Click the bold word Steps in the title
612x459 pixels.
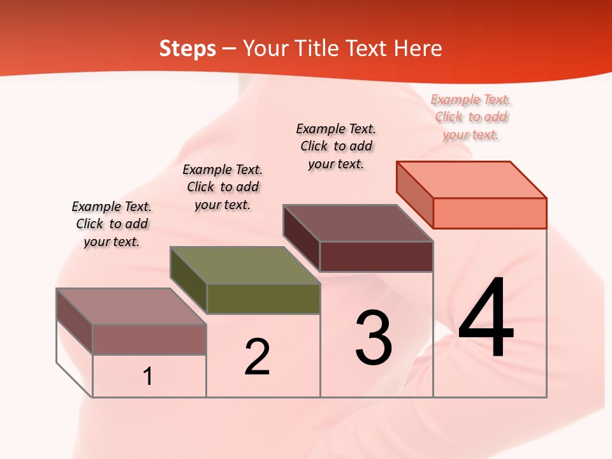(187, 48)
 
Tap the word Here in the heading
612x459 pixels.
(418, 48)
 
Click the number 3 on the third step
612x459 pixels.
(374, 337)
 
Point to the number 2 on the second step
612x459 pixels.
(257, 356)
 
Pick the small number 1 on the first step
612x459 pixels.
(148, 376)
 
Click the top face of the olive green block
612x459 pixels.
(245, 265)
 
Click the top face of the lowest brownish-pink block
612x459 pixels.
(131, 307)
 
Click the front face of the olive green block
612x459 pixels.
(263, 298)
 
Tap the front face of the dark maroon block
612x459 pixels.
(376, 256)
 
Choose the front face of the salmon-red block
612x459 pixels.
(490, 213)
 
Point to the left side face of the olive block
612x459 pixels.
(189, 280)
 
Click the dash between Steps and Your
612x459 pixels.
(229, 49)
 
